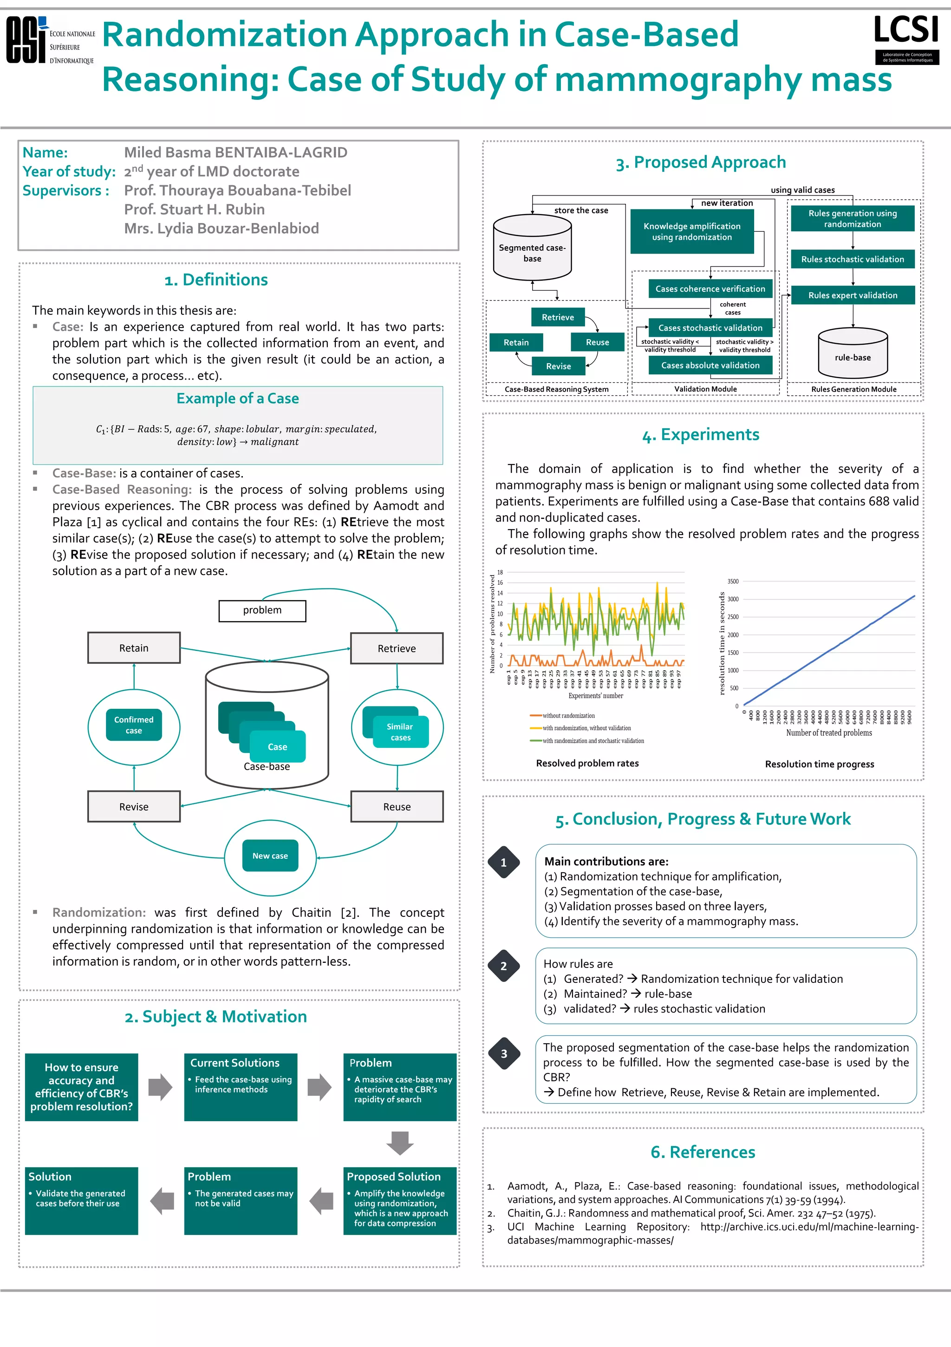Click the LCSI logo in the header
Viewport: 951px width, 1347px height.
click(x=906, y=39)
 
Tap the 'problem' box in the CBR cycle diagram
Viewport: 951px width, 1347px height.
click(x=262, y=610)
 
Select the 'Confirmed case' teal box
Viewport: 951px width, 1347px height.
click(x=134, y=725)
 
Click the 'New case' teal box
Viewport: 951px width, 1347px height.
click(x=270, y=856)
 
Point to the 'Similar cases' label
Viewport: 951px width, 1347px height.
click(x=400, y=732)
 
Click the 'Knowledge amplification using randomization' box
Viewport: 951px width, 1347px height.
click(x=692, y=232)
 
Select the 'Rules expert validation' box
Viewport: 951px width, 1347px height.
click(x=853, y=295)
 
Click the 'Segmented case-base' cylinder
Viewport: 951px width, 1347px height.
click(x=532, y=248)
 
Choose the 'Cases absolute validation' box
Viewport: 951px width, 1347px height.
click(x=710, y=365)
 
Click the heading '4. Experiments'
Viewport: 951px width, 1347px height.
click(x=701, y=435)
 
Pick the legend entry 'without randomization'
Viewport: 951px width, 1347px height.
click(x=568, y=716)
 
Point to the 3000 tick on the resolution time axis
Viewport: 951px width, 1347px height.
click(x=733, y=599)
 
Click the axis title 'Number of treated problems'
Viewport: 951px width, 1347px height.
click(x=828, y=733)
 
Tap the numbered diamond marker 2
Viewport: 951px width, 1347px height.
click(x=503, y=966)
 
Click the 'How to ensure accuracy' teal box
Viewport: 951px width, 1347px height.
click(x=82, y=1086)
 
